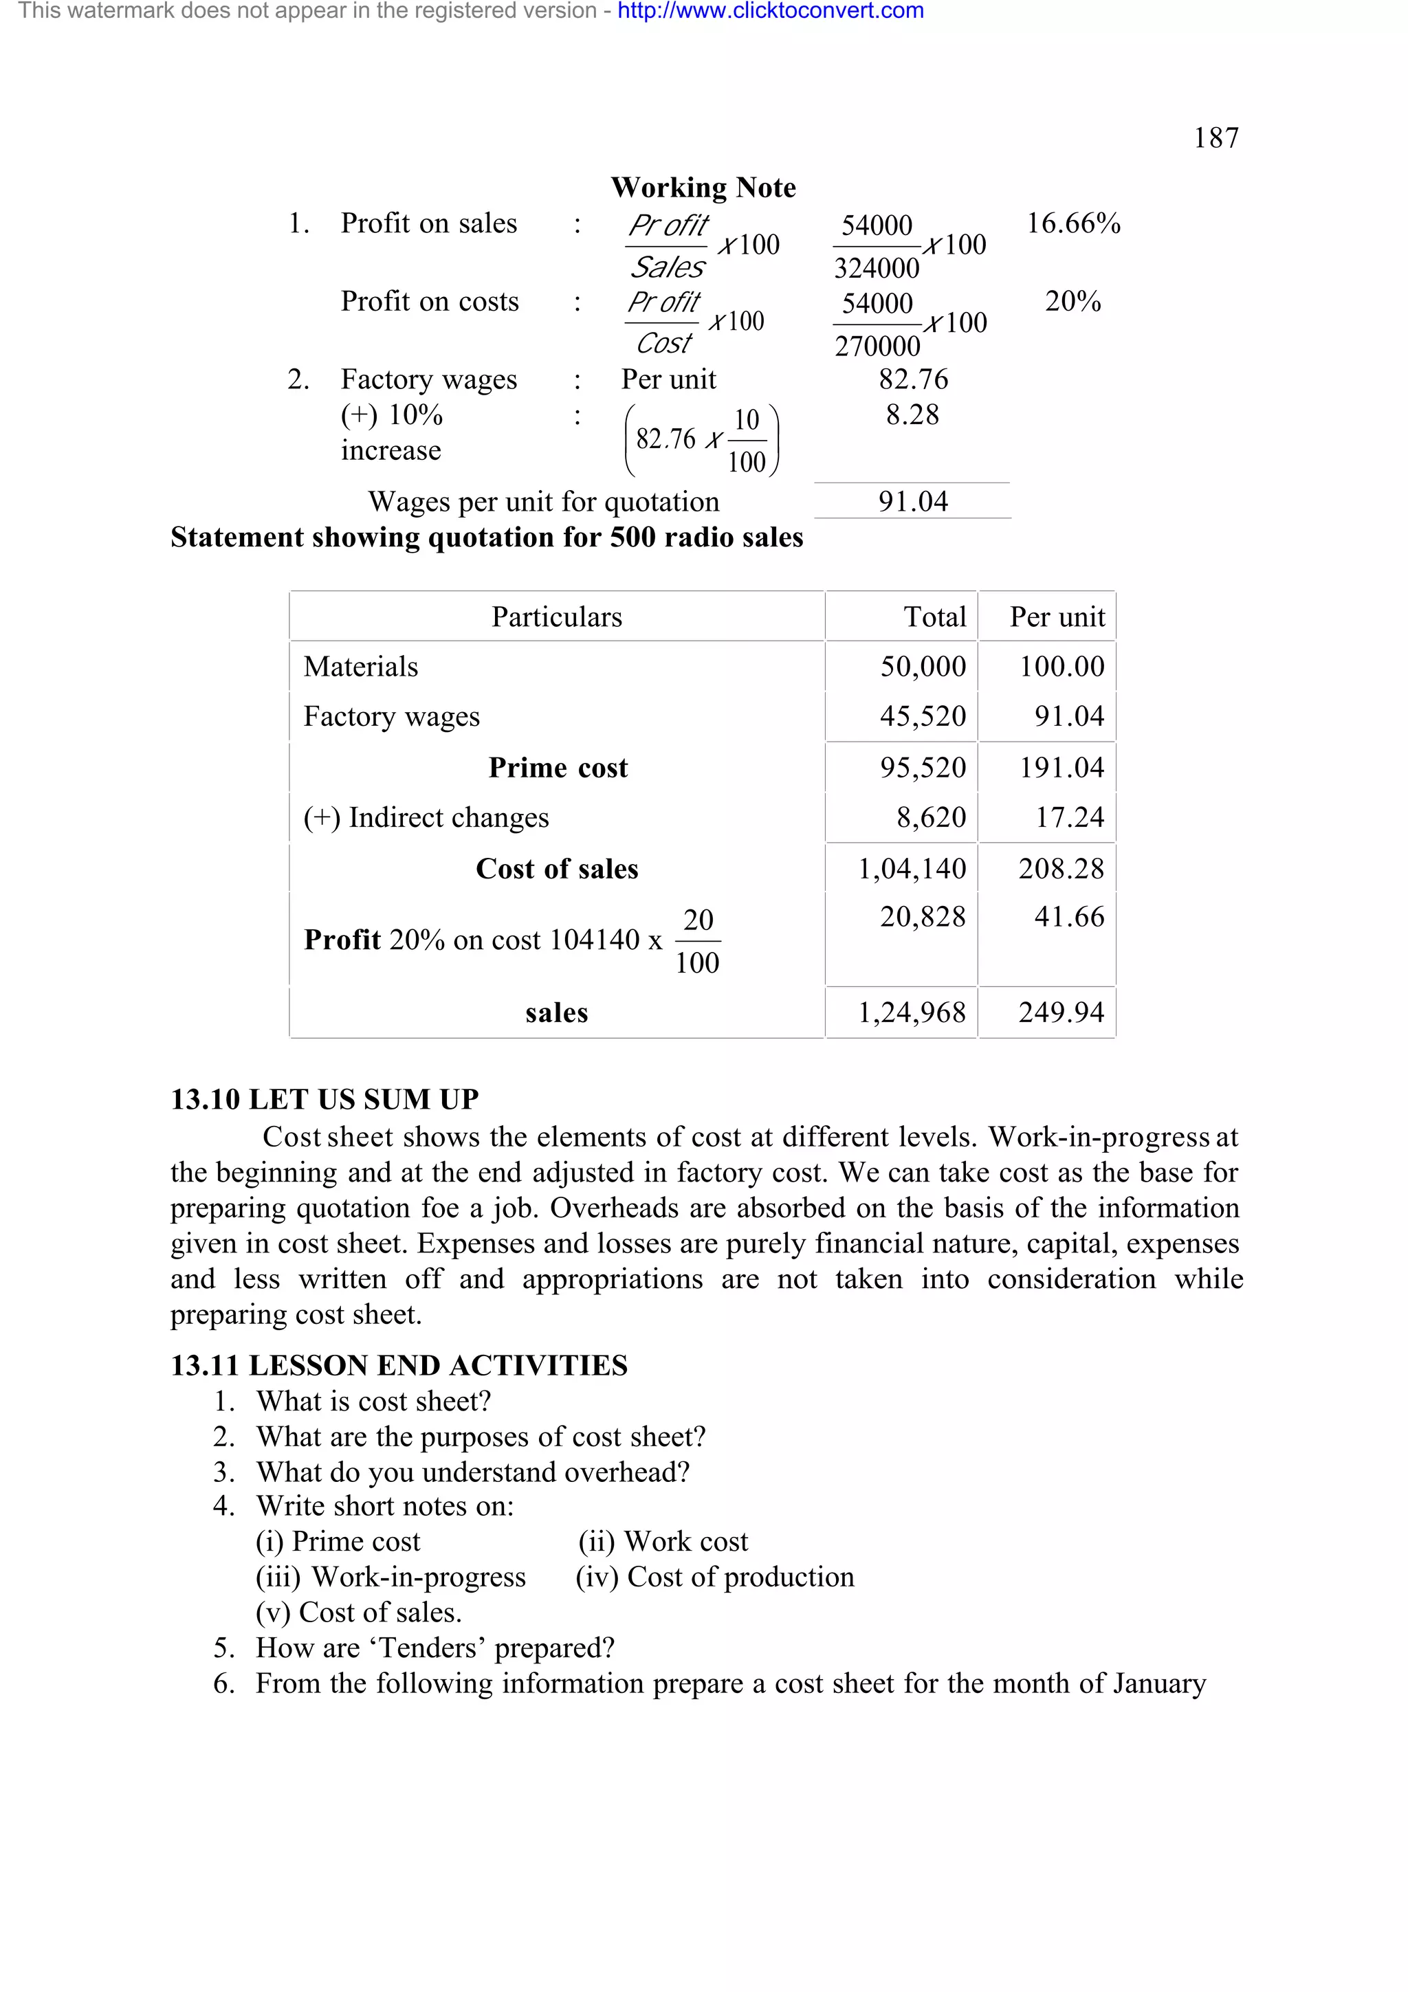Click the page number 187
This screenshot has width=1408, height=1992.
click(x=1215, y=138)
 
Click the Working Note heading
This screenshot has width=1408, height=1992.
click(x=703, y=188)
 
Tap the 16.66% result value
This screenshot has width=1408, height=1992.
click(x=1073, y=224)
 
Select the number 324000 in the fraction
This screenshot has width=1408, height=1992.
click(x=876, y=268)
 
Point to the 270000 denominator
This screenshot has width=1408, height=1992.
click(x=877, y=346)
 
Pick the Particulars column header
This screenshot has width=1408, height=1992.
click(x=556, y=617)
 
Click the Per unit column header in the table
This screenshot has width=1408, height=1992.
click(x=1057, y=617)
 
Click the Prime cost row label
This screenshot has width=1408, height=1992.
click(x=557, y=768)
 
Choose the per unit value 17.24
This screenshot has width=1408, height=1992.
click(x=1069, y=817)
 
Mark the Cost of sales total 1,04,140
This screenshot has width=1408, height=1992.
click(x=911, y=868)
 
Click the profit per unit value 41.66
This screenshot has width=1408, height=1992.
click(x=1069, y=917)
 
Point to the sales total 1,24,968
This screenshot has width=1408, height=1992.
click(x=911, y=1012)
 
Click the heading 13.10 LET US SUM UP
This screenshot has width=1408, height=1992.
click(x=324, y=1099)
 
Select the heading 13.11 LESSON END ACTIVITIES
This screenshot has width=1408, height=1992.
click(x=398, y=1366)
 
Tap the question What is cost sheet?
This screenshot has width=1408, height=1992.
click(x=373, y=1401)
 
